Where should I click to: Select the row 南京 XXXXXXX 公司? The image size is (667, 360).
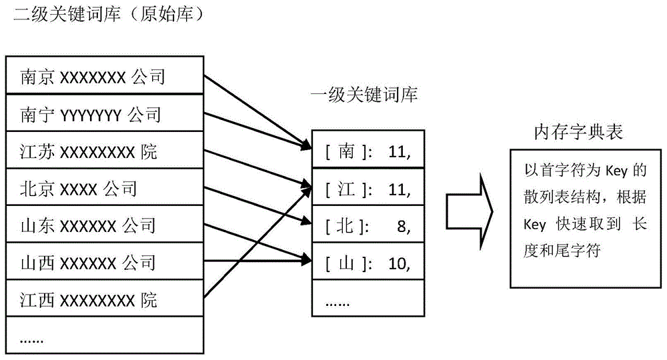(x=93, y=78)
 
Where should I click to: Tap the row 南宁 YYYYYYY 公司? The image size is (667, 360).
(x=91, y=115)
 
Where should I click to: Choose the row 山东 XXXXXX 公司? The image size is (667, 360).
(x=88, y=225)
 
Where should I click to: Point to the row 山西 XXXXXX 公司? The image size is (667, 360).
(x=88, y=262)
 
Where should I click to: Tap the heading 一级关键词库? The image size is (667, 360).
(x=364, y=96)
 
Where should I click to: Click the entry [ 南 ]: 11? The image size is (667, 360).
(x=368, y=153)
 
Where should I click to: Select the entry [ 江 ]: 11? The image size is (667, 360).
(x=368, y=190)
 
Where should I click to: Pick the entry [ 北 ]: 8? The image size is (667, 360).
(x=368, y=227)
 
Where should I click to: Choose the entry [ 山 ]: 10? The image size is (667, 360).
(x=368, y=263)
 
